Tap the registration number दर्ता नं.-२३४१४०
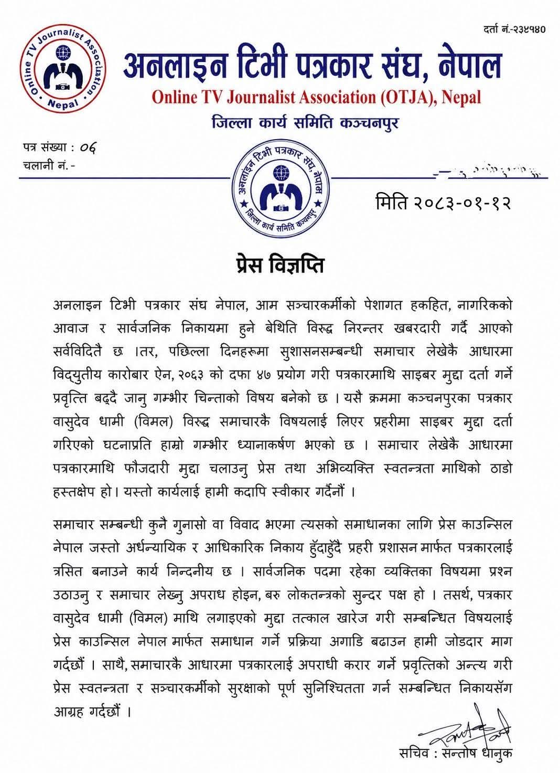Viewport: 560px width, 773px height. point(514,29)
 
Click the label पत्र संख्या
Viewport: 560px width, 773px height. point(46,147)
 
